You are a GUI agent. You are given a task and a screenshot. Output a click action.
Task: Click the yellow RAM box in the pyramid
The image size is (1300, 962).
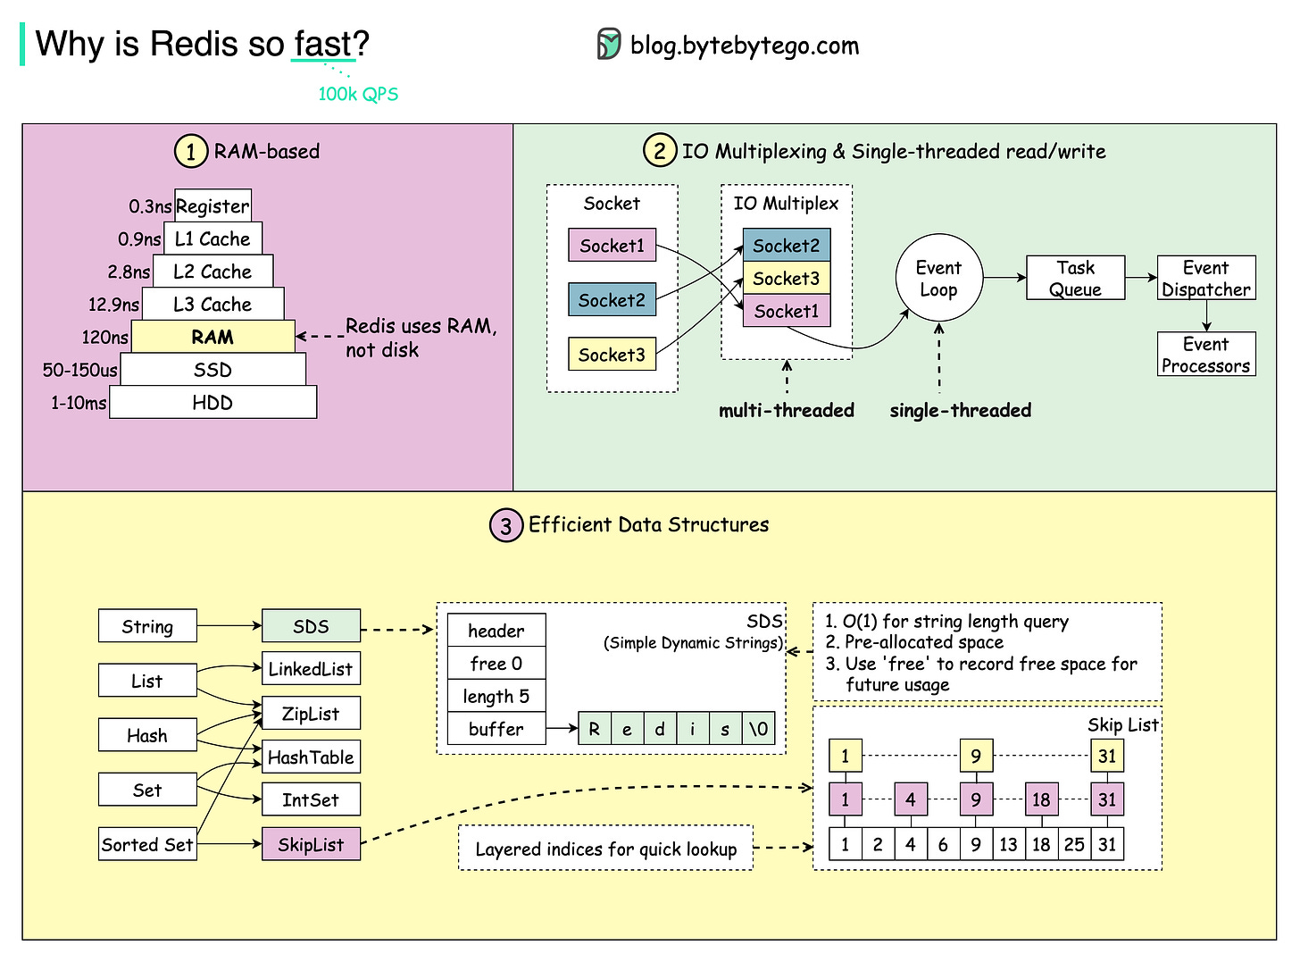point(212,337)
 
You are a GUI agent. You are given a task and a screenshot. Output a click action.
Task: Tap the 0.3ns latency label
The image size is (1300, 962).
point(149,206)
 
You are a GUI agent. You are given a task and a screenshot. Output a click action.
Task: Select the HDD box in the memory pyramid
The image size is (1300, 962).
point(212,403)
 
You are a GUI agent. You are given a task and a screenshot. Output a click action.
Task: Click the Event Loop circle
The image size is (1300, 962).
point(938,279)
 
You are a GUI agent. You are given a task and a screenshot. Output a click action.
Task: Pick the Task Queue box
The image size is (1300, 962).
point(1075,278)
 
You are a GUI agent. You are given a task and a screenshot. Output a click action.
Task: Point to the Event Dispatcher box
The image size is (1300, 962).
point(1205,278)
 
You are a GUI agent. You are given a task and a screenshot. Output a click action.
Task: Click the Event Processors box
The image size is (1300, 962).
point(1205,355)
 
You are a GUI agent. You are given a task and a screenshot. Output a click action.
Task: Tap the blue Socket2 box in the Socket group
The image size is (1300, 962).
point(612,300)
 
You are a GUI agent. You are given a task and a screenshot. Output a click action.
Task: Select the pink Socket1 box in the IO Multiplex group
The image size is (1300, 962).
point(786,311)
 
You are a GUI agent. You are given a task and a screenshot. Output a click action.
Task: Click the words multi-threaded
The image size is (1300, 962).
point(786,410)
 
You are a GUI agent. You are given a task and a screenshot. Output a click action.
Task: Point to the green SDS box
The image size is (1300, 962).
point(311,626)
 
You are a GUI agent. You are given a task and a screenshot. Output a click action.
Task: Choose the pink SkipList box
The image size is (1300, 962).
point(311,844)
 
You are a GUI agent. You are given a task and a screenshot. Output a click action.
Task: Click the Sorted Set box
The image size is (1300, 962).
point(147,844)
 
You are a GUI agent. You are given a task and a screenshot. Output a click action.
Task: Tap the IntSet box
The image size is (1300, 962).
point(311,799)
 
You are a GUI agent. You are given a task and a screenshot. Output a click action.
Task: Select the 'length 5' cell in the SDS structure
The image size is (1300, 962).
point(496,696)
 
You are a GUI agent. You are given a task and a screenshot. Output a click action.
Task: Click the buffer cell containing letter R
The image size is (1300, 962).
point(595,729)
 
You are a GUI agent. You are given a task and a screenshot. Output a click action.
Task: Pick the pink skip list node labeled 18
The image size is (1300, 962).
point(1041,799)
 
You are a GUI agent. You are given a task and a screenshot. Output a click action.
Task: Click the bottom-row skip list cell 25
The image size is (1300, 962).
point(1074,844)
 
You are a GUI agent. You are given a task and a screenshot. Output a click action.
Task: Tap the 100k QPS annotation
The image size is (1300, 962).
point(358,94)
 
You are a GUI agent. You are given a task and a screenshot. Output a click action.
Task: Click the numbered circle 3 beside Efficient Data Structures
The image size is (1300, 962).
point(505,525)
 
